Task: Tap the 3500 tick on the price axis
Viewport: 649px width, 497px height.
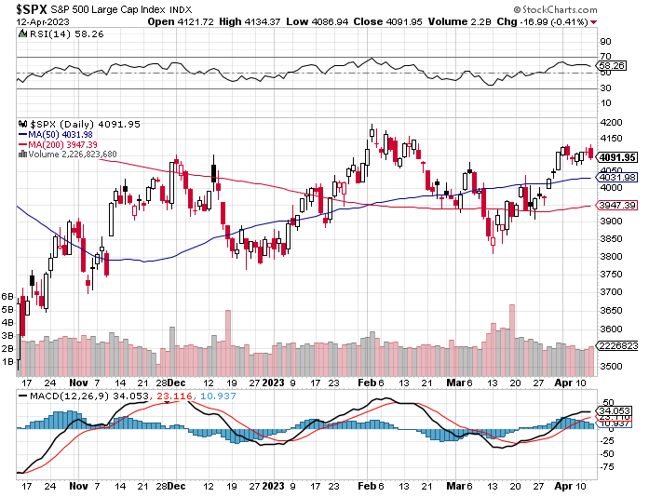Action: point(610,366)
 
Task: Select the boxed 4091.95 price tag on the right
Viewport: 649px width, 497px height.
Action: point(617,157)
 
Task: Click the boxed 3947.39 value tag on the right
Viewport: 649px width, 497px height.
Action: point(617,205)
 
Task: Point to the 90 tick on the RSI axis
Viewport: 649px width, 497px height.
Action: point(605,42)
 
